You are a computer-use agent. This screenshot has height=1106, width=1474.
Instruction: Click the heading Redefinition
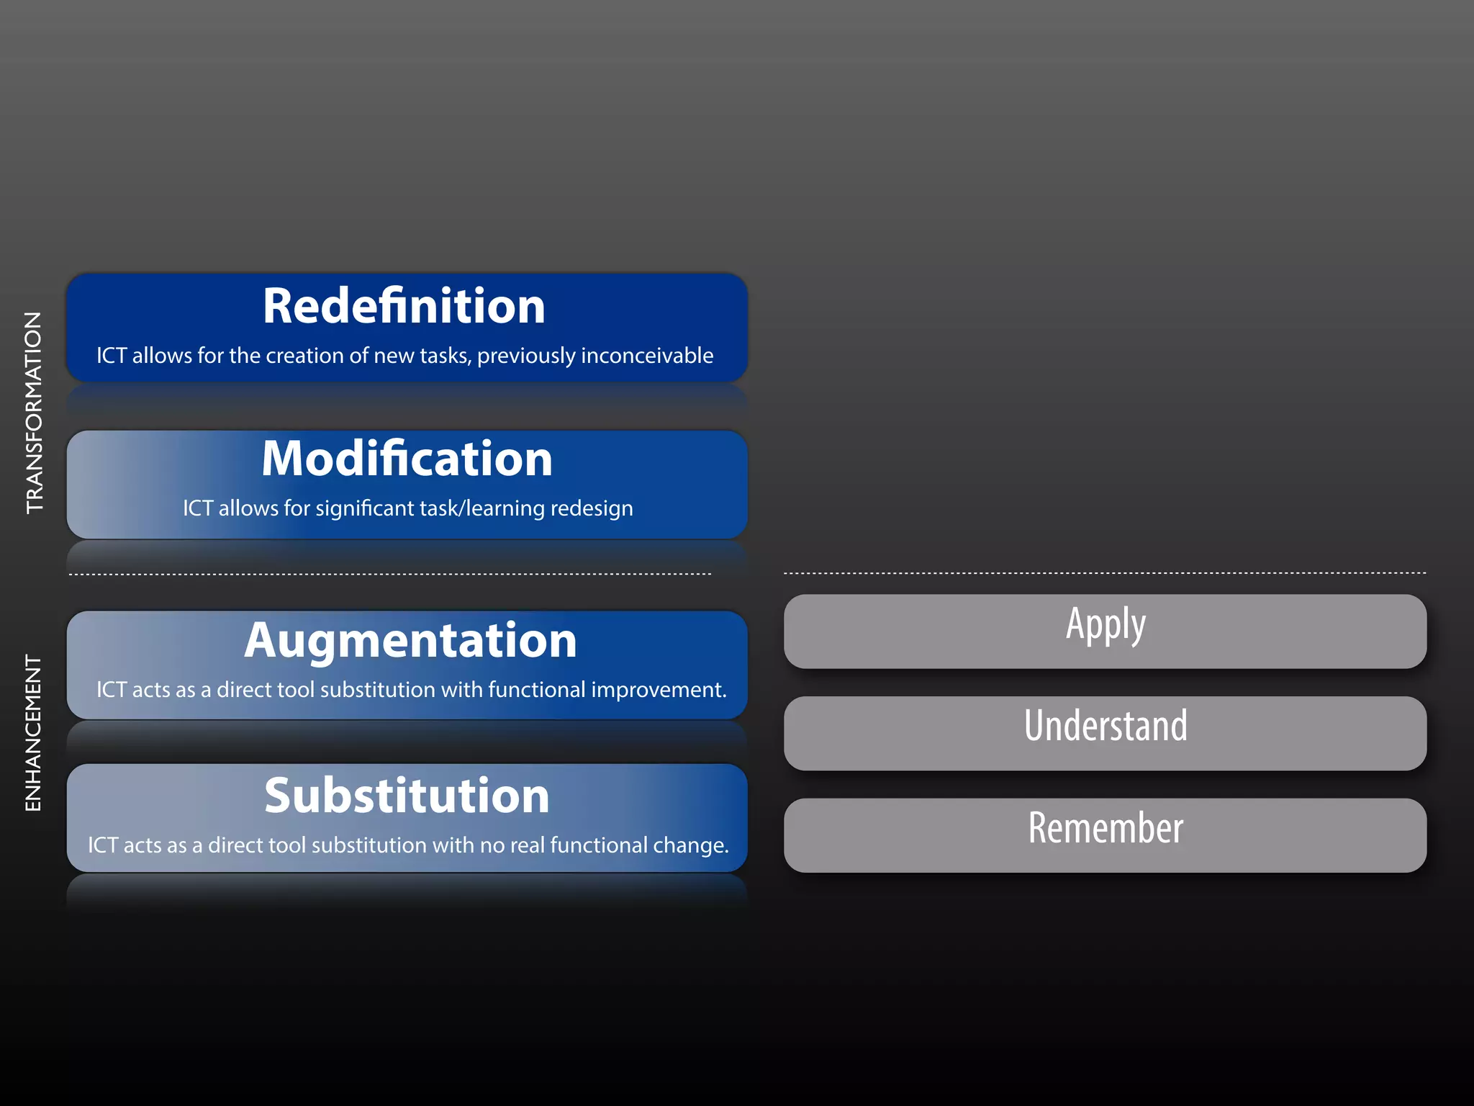tap(404, 307)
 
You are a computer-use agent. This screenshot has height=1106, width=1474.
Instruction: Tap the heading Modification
tap(407, 459)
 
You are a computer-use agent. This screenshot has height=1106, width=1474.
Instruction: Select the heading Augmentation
tap(410, 640)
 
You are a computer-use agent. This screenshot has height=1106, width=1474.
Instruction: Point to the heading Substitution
tap(407, 796)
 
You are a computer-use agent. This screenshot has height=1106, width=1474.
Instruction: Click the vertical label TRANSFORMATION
tap(34, 413)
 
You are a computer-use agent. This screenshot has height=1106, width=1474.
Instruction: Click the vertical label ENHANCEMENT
tap(33, 733)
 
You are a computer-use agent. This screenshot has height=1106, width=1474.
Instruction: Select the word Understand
tap(1105, 726)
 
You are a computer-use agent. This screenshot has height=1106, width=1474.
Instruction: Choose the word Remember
tap(1105, 828)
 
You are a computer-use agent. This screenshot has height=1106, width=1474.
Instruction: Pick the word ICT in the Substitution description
tap(102, 845)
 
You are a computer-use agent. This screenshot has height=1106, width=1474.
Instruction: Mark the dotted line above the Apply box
tap(1105, 573)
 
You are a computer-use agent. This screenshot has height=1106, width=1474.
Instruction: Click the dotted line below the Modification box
tap(389, 575)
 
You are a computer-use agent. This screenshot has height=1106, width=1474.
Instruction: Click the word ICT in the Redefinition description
tap(112, 356)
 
